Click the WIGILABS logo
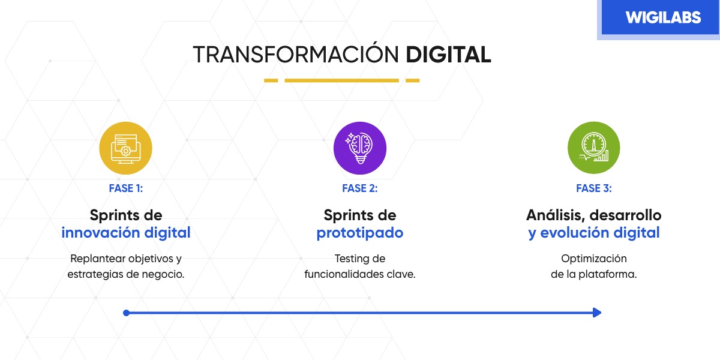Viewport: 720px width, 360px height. pos(662,17)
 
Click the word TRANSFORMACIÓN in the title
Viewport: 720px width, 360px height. pos(296,54)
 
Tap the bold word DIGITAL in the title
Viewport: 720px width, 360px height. pos(448,54)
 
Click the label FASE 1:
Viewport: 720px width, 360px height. pos(126,188)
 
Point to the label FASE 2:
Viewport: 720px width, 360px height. pos(360,188)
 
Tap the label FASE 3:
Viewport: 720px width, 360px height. pos(594,188)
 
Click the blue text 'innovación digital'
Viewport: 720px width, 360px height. pos(126,233)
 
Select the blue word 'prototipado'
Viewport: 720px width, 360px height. pos(360,233)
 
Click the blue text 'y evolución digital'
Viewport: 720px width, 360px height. pos(594,233)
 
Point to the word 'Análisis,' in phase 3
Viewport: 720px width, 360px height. pos(556,215)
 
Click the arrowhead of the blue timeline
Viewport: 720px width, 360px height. pos(596,313)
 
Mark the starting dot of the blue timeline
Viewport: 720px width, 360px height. pos(126,313)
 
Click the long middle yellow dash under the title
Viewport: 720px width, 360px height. pos(341,80)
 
